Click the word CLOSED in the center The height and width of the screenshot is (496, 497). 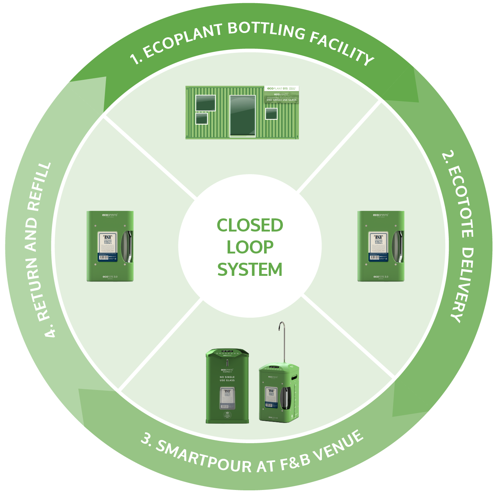pyautogui.click(x=250, y=225)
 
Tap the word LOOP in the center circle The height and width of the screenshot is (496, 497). pyautogui.click(x=250, y=247)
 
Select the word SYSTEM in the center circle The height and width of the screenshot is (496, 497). pyautogui.click(x=250, y=270)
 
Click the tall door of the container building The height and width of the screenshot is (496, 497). pyautogui.click(x=242, y=116)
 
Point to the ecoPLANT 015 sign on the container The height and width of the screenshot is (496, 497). pyautogui.click(x=282, y=88)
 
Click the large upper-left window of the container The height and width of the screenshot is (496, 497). pyautogui.click(x=206, y=103)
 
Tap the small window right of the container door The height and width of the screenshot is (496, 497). pyautogui.click(x=271, y=114)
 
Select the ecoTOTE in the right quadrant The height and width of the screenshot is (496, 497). pyautogui.click(x=381, y=246)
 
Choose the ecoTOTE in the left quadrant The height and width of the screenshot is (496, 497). pyautogui.click(x=110, y=246)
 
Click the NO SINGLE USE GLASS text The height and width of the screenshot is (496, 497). pyautogui.click(x=227, y=379)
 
